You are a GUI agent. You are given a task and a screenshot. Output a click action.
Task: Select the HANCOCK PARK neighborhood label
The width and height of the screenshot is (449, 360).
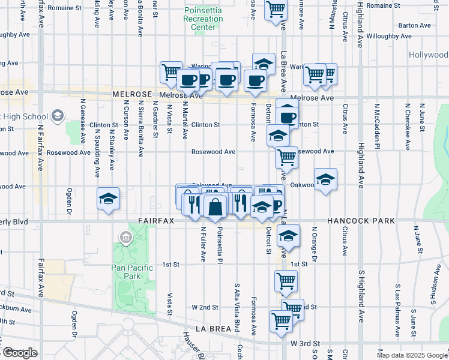(x=361, y=221)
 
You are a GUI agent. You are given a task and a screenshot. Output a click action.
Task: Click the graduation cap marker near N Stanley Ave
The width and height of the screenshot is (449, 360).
(x=108, y=198)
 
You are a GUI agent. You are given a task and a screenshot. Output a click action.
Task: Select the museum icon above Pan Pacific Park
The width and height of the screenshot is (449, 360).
(x=126, y=238)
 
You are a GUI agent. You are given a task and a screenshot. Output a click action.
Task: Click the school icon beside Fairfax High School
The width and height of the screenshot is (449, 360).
(x=58, y=115)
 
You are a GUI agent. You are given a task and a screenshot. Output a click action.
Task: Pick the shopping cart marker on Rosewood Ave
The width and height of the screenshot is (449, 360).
(x=286, y=157)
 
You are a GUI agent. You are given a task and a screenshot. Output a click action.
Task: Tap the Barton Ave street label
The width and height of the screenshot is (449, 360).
(x=415, y=25)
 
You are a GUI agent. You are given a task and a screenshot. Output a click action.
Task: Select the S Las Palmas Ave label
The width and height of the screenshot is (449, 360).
(x=397, y=315)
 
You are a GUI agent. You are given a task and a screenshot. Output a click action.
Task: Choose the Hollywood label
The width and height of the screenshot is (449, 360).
(x=429, y=55)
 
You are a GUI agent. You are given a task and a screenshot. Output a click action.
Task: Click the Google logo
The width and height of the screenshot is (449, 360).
(x=19, y=353)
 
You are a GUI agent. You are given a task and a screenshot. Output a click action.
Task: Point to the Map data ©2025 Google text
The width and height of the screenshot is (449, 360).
(x=412, y=355)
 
